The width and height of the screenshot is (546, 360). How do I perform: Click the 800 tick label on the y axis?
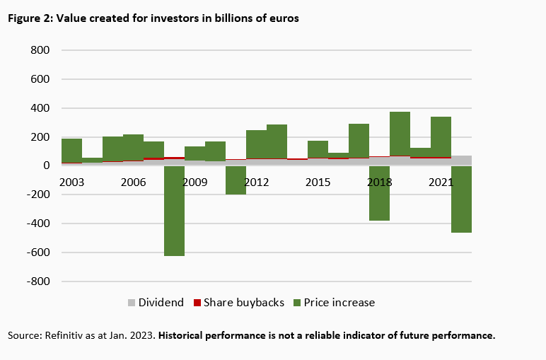(40, 51)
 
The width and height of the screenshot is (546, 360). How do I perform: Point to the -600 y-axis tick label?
(37, 252)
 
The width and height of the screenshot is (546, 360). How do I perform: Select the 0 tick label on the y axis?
(45, 166)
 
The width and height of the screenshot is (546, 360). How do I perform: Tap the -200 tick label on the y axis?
(37, 194)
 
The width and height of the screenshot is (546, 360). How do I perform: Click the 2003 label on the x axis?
(71, 182)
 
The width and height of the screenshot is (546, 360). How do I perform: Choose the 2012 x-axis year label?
(256, 182)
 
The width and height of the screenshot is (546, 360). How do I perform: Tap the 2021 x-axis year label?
(441, 182)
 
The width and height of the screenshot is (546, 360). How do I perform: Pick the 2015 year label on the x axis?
(318, 182)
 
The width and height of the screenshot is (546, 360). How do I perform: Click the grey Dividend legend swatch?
(131, 303)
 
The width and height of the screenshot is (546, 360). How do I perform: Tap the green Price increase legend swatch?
(298, 303)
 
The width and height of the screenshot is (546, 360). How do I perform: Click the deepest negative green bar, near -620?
(174, 212)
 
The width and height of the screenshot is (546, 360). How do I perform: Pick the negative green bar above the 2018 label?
(379, 194)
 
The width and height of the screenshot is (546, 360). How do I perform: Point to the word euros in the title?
(284, 18)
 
